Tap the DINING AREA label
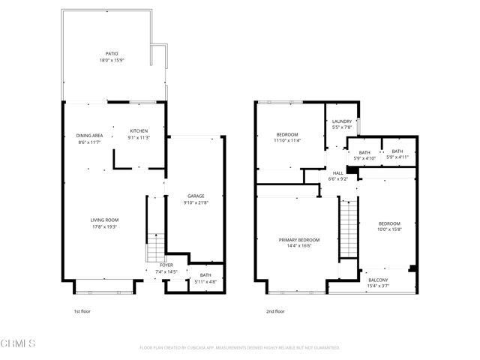pos(88,135)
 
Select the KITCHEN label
pos(139,131)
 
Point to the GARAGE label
pos(195,196)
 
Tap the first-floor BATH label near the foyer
pos(205,275)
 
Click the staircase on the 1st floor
pos(154,247)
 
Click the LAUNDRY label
pos(342,121)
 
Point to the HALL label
pos(338,173)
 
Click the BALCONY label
pos(377,278)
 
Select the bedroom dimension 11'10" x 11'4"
pos(286,139)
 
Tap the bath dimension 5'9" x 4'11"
pos(397,157)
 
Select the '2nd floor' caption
pos(275,311)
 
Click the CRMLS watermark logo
pos(19,344)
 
